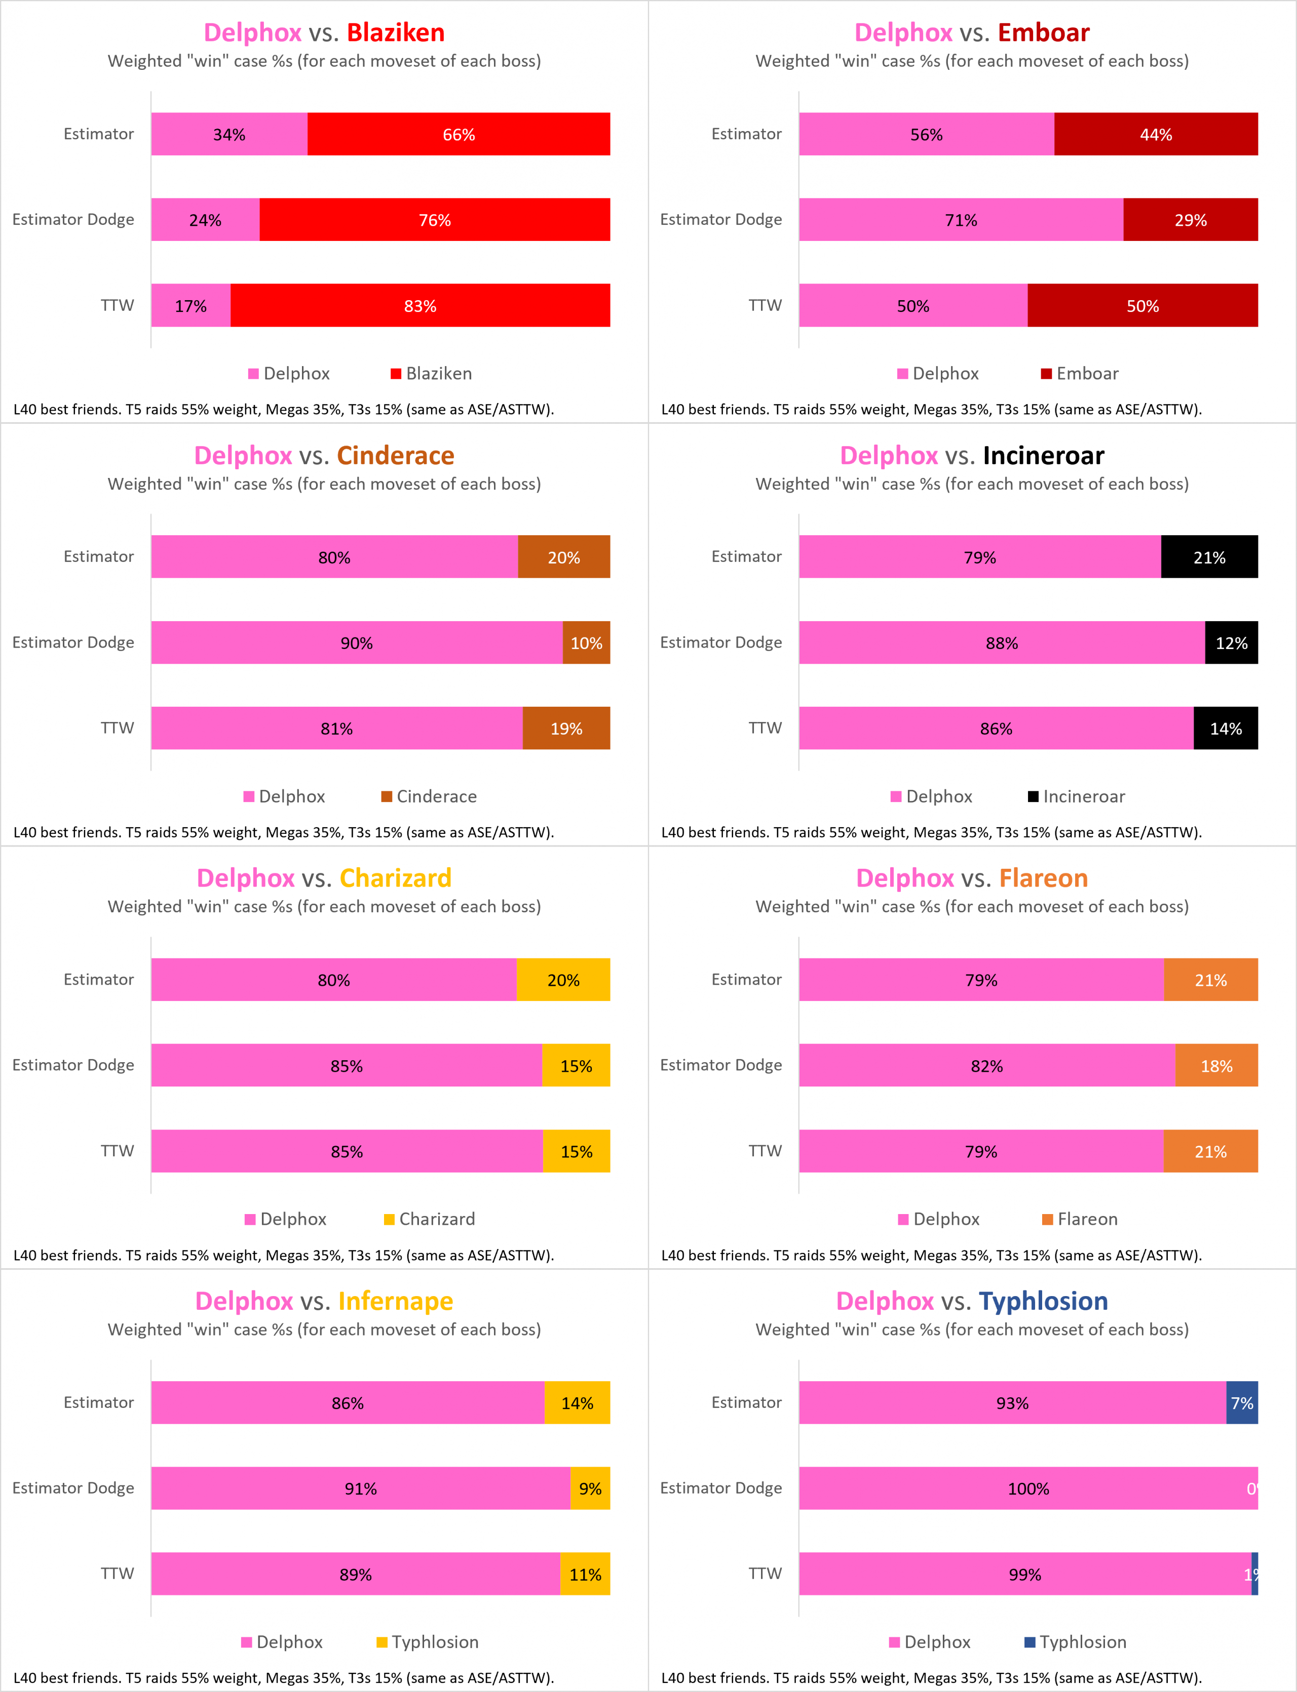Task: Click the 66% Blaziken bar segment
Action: pyautogui.click(x=459, y=134)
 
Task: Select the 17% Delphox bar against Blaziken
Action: pyautogui.click(x=190, y=305)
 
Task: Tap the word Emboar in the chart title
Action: pyautogui.click(x=1043, y=32)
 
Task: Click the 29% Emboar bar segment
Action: pyautogui.click(x=1191, y=220)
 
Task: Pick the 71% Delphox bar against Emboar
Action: pyautogui.click(x=961, y=220)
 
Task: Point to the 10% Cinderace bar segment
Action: pyautogui.click(x=586, y=642)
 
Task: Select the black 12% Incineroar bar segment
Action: pyautogui.click(x=1231, y=642)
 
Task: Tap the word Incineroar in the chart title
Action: pyautogui.click(x=1043, y=455)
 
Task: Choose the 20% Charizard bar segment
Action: pyautogui.click(x=563, y=980)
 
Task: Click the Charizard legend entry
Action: pyautogui.click(x=430, y=1219)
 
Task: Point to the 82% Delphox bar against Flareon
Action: pyautogui.click(x=986, y=1066)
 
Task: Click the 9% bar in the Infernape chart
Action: pyautogui.click(x=590, y=1488)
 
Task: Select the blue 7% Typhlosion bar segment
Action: pyautogui.click(x=1241, y=1403)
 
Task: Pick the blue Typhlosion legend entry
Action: pyautogui.click(x=1076, y=1642)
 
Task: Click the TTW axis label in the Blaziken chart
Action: pyautogui.click(x=118, y=305)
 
